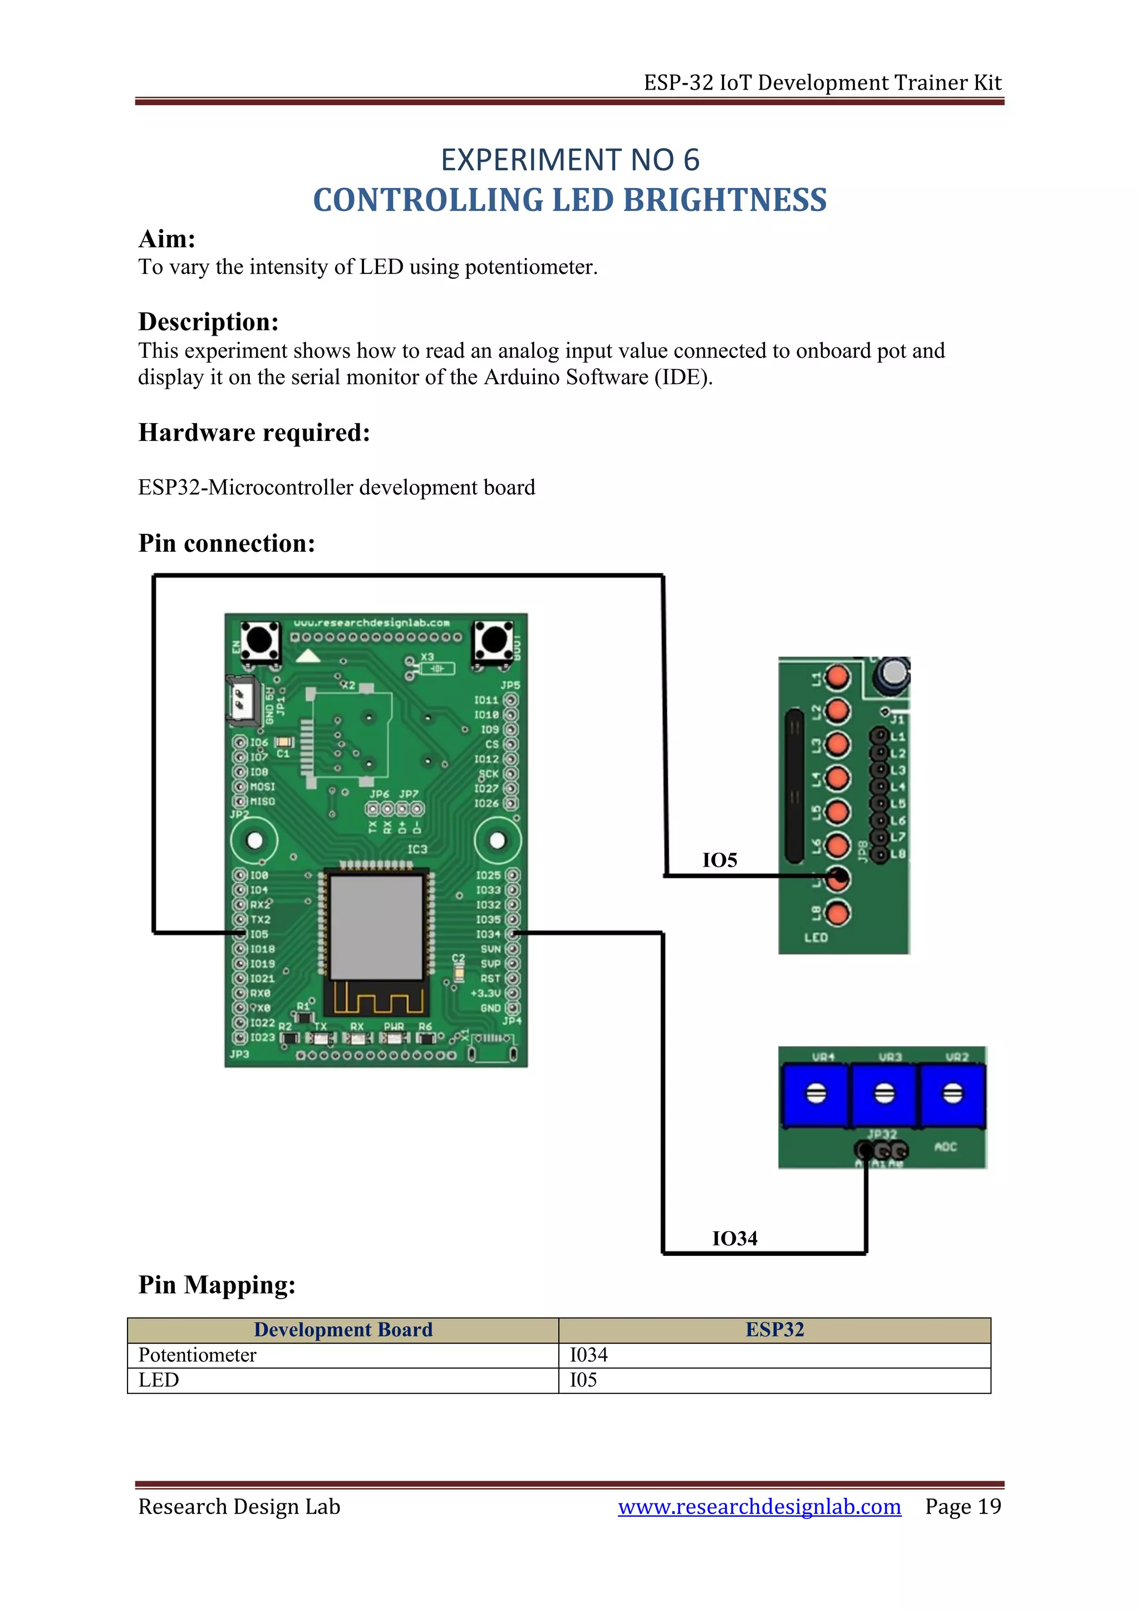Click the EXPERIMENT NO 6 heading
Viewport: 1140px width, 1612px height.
click(569, 160)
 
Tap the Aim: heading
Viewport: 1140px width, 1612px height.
click(166, 239)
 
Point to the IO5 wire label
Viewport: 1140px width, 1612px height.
click(720, 861)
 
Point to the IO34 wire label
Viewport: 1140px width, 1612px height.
click(734, 1239)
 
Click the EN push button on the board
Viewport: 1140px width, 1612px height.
click(260, 640)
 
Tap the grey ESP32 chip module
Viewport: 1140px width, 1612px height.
click(376, 927)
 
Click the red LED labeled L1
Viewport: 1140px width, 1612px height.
click(837, 677)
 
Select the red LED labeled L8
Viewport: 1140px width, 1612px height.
click(837, 913)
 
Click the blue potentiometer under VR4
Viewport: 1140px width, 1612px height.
click(815, 1094)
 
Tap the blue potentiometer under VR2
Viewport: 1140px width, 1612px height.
click(952, 1094)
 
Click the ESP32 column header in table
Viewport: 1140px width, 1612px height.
click(774, 1330)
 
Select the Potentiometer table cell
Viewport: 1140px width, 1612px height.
click(197, 1355)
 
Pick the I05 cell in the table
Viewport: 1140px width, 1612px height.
click(583, 1380)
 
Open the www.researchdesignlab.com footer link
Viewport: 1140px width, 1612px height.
click(759, 1507)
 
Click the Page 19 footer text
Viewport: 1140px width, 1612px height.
click(962, 1507)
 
